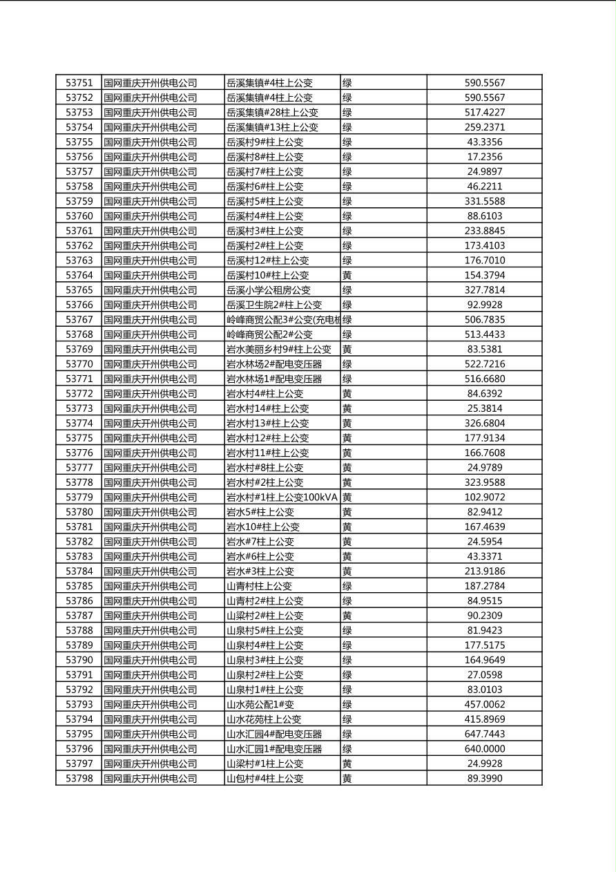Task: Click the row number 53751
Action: [79, 83]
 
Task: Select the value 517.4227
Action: [484, 113]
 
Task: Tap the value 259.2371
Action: [484, 127]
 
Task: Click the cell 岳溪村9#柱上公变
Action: [265, 142]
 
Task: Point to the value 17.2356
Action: [484, 157]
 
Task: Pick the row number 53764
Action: [79, 275]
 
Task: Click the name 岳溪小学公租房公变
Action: [269, 290]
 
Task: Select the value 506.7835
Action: [484, 320]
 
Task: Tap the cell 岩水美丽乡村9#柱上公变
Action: [279, 350]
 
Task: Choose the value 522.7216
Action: [484, 364]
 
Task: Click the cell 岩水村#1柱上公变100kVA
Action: [282, 497]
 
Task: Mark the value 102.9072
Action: [484, 497]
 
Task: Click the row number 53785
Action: [79, 586]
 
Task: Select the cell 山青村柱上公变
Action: [260, 586]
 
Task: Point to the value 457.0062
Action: [484, 705]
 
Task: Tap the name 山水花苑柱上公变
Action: [264, 719]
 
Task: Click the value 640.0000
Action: [484, 749]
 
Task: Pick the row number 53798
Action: [79, 779]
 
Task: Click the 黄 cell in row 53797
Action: [347, 764]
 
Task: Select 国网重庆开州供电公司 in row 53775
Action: [151, 438]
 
